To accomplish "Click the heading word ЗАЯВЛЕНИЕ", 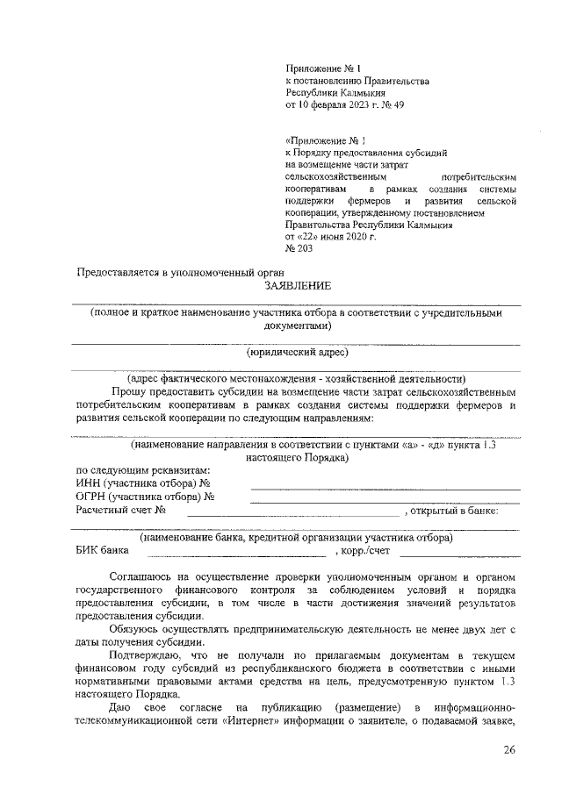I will pos(298,286).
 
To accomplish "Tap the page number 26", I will pos(510,749).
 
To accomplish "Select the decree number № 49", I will pos(393,105).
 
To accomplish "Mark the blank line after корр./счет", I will pos(460,556).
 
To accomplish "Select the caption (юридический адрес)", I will pos(298,353).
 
